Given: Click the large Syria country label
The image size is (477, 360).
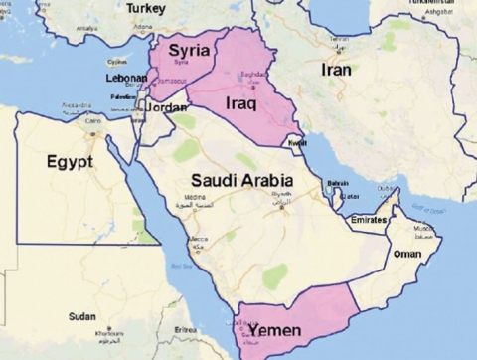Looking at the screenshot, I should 187,50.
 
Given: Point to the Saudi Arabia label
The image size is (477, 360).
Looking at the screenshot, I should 241,181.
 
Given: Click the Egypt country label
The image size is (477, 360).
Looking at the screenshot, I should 69,160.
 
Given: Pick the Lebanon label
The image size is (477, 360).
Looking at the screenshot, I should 126,78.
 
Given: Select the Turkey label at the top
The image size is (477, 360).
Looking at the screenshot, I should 146,8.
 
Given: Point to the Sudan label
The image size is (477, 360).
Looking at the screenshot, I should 81,316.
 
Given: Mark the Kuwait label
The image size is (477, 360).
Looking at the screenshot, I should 297,143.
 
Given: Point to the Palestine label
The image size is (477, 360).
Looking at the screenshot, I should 123,97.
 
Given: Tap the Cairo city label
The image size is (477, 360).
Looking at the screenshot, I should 92,120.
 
